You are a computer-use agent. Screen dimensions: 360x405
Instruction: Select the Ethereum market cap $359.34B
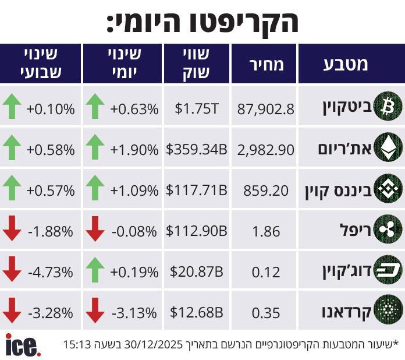[196, 150]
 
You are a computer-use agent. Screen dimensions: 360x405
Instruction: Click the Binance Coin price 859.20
[266, 190]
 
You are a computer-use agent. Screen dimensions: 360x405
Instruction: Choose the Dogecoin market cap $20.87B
[196, 271]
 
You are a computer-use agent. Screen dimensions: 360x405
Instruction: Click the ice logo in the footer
[23, 344]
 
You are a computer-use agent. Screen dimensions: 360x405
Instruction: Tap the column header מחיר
[265, 64]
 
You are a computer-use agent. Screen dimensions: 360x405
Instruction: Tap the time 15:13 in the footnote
[77, 344]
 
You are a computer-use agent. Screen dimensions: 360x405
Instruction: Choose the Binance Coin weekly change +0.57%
[50, 190]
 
